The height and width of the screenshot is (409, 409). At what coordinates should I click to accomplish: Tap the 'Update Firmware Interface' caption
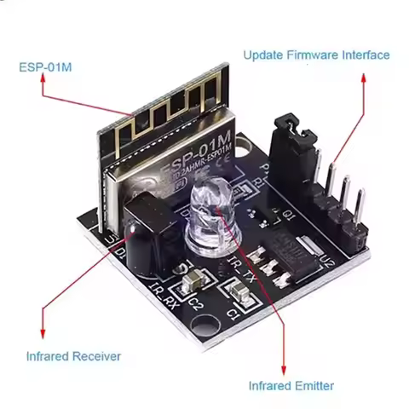click(316, 55)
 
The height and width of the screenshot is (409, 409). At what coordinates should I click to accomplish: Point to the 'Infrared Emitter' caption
click(291, 385)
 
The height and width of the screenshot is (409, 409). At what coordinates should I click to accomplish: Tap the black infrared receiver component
click(140, 223)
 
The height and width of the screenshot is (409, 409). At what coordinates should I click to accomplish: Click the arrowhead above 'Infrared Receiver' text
click(43, 334)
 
